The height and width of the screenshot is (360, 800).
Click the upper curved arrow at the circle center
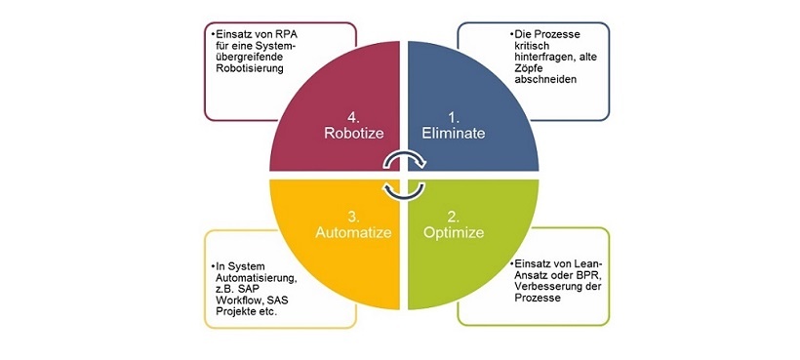pos(400,160)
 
